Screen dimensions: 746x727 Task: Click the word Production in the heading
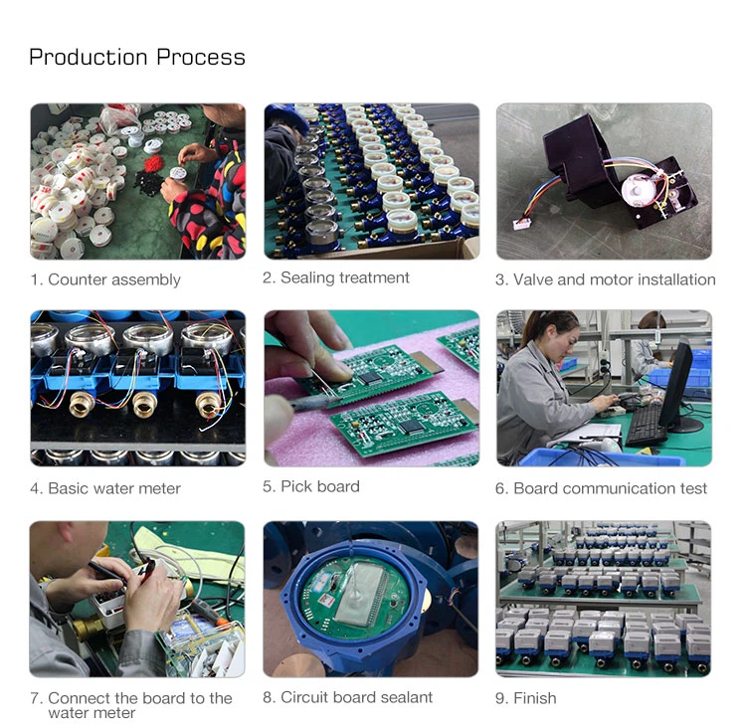coord(88,58)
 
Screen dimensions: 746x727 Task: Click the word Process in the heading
coord(201,58)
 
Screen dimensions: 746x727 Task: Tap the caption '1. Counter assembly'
coord(105,279)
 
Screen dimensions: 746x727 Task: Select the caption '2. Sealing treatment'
coord(336,277)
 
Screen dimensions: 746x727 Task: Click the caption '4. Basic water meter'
coord(105,488)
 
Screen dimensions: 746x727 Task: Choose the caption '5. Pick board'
coord(311,486)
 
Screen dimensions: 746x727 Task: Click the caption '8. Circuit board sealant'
coord(347,697)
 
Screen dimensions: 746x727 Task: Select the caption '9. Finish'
coord(526,698)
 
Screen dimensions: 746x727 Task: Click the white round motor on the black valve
coord(641,189)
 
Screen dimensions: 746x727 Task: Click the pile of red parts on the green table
coord(153,164)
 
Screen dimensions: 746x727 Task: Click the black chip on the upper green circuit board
coord(370,378)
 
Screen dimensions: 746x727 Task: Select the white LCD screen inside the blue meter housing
coord(361,595)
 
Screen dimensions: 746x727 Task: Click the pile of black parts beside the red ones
coord(147,183)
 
